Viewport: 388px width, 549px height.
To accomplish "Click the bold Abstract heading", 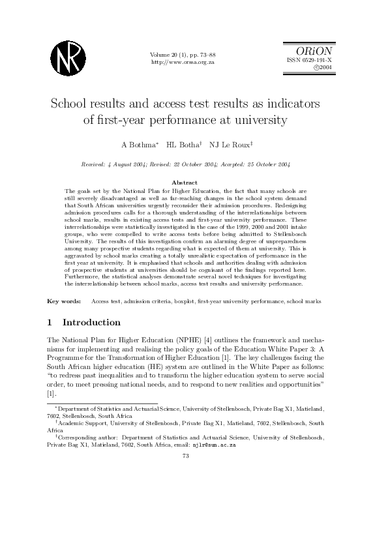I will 183,182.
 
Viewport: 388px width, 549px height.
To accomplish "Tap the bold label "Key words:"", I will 64,301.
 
